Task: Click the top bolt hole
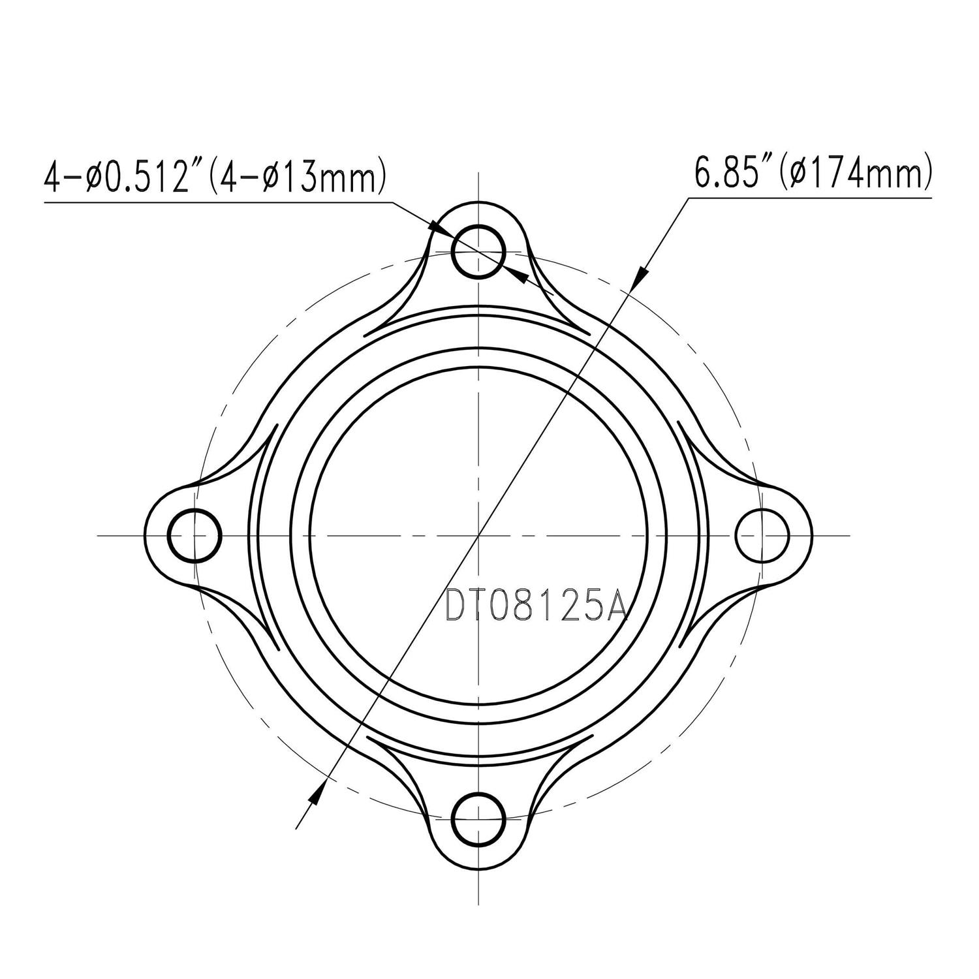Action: (479, 252)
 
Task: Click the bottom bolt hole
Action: (479, 818)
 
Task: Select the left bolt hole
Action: (194, 535)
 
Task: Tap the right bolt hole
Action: (762, 535)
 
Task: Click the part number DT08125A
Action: (535, 606)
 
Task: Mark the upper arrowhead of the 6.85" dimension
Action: (640, 275)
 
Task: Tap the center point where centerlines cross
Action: (479, 535)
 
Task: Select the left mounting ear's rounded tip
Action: (146, 535)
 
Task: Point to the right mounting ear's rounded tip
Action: (811, 535)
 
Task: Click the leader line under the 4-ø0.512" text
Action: (215, 203)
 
